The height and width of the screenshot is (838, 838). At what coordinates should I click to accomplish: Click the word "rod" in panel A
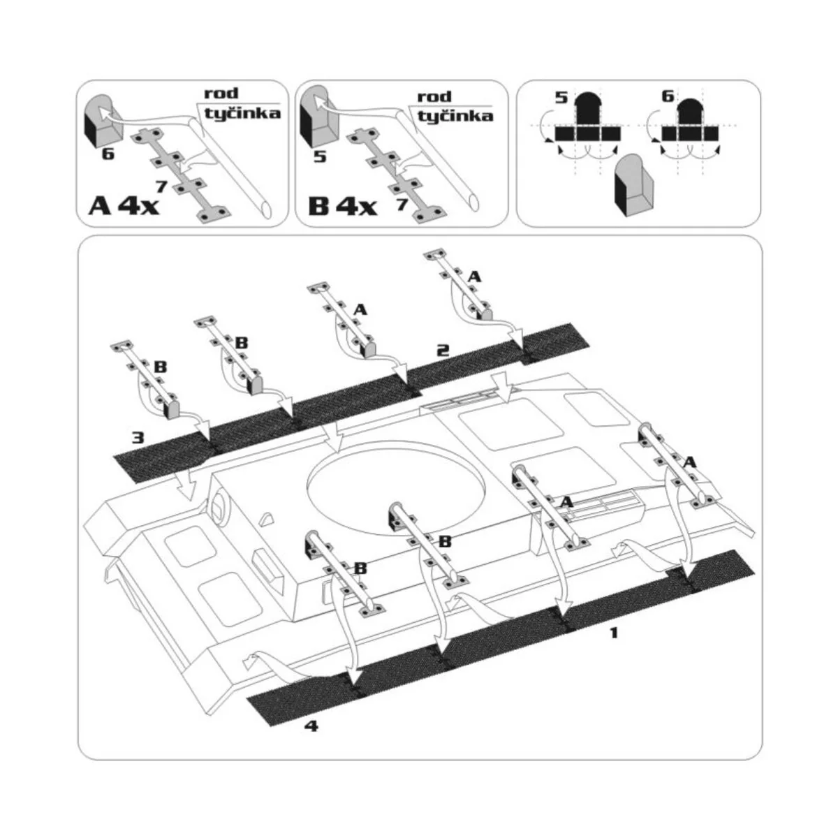pos(221,93)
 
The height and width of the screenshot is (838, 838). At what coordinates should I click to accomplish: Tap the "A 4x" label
pos(124,206)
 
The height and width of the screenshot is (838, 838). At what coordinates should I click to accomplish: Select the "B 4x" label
pos(341,206)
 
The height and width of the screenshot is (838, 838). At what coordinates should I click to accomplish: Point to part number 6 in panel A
pos(108,154)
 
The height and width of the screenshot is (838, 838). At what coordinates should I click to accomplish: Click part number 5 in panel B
pos(320,156)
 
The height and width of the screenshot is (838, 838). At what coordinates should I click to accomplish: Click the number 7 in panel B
pos(402,205)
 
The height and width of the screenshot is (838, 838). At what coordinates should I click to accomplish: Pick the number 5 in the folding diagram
pos(561,97)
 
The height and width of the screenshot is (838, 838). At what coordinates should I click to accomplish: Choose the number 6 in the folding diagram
pos(668,96)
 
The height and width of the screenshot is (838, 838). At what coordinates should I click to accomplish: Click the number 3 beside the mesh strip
pos(138,437)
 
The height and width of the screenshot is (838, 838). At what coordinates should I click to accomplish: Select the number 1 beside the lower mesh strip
pos(614,633)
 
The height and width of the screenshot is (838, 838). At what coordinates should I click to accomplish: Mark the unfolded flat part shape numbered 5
pos(588,117)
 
